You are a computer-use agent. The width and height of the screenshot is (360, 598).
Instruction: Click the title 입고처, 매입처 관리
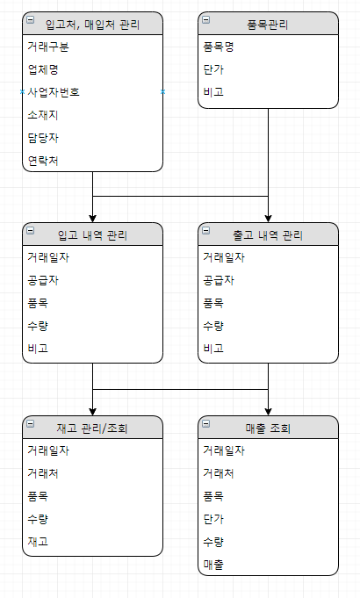(x=93, y=25)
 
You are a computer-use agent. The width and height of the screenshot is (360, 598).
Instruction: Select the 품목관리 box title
(x=268, y=25)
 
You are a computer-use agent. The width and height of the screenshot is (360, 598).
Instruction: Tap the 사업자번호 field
(x=54, y=92)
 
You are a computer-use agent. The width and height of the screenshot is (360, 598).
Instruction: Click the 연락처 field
(x=43, y=161)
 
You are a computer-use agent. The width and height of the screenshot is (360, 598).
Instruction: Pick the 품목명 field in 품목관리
(x=219, y=47)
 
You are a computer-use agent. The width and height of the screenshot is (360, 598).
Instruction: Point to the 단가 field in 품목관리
(x=213, y=69)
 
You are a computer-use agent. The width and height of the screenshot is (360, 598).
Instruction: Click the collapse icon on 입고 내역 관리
(x=31, y=230)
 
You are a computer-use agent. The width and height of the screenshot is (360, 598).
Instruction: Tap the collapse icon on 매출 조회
(x=206, y=423)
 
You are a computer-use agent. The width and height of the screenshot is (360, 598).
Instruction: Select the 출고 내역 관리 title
(x=268, y=235)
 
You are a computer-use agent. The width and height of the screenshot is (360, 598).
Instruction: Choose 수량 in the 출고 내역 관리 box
(x=213, y=326)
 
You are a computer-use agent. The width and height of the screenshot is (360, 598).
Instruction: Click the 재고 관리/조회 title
(x=92, y=429)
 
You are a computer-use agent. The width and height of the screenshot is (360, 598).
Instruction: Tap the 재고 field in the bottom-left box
(x=38, y=542)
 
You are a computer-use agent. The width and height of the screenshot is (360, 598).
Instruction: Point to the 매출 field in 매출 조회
(x=213, y=565)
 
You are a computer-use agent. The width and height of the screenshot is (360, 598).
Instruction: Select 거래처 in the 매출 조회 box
(x=219, y=473)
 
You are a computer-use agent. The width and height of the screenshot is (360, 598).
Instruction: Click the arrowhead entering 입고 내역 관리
(x=93, y=219)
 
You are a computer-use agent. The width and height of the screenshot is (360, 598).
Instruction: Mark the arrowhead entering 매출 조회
(x=268, y=412)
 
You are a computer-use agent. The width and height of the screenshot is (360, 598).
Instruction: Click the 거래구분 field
(x=48, y=47)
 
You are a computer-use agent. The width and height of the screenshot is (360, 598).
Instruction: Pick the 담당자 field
(x=43, y=138)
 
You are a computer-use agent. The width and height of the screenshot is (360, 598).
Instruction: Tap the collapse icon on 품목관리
(x=206, y=19)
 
